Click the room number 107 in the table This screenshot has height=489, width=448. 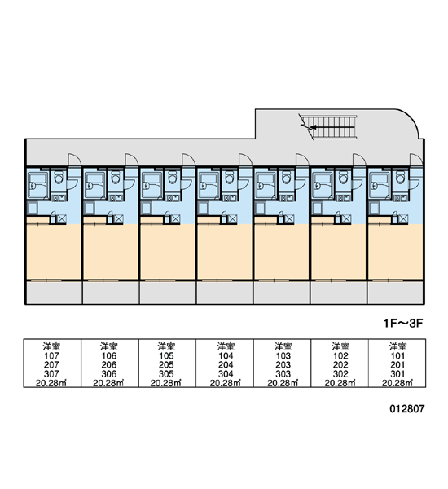point(51,355)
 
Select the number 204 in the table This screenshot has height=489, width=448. point(226,364)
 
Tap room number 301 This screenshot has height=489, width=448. point(397,373)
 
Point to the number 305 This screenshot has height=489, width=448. point(166,373)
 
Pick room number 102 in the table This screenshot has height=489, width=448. point(340,355)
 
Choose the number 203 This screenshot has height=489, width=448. point(283,364)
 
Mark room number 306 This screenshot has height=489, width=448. point(109,373)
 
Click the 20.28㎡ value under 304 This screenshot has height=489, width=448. point(226,383)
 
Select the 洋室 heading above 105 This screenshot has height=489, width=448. point(166,346)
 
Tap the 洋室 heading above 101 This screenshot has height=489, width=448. point(397,346)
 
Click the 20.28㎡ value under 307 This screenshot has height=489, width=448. point(51,383)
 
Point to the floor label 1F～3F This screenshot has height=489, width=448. point(403,323)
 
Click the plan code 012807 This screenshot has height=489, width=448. point(407,408)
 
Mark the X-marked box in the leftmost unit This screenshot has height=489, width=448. point(61,219)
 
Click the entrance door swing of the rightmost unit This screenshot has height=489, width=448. point(416,160)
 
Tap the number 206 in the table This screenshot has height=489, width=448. point(109,364)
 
